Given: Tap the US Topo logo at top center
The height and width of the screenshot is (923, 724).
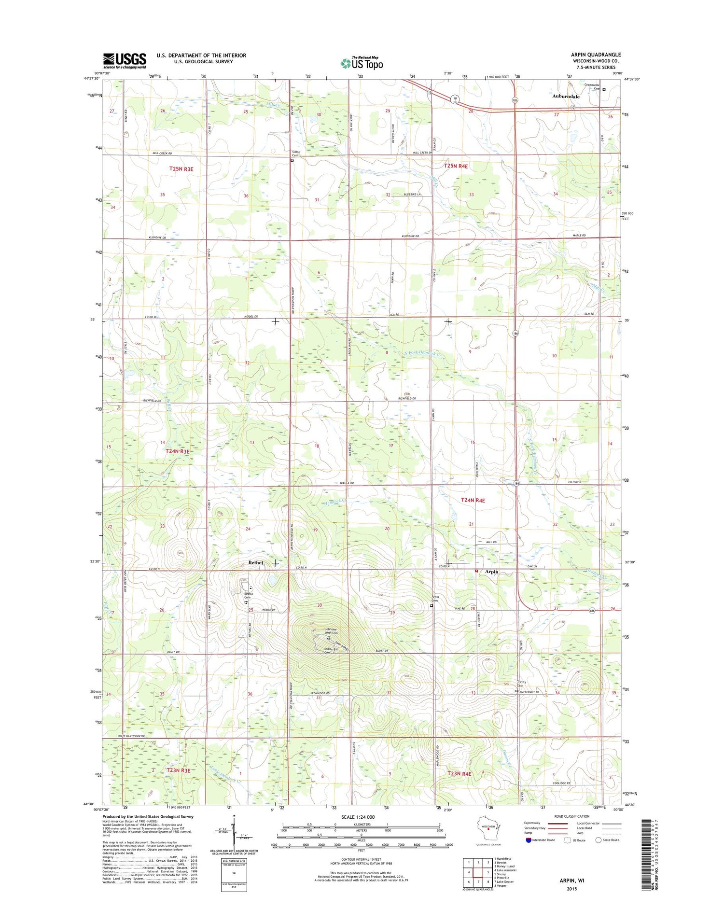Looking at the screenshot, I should pyautogui.click(x=362, y=62).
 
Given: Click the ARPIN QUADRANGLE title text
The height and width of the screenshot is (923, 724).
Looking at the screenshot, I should pyautogui.click(x=596, y=55).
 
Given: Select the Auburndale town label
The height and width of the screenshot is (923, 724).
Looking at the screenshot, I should pyautogui.click(x=566, y=97).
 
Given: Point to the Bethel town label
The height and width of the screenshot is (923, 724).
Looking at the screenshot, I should pyautogui.click(x=256, y=562).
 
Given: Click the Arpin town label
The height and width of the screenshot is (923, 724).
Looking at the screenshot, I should pyautogui.click(x=491, y=572).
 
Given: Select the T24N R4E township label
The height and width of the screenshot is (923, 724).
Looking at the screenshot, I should pyautogui.click(x=473, y=500).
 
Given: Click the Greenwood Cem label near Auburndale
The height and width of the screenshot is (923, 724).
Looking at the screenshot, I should pyautogui.click(x=592, y=86).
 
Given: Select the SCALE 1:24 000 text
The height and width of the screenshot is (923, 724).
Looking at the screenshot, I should pyautogui.click(x=358, y=817).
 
